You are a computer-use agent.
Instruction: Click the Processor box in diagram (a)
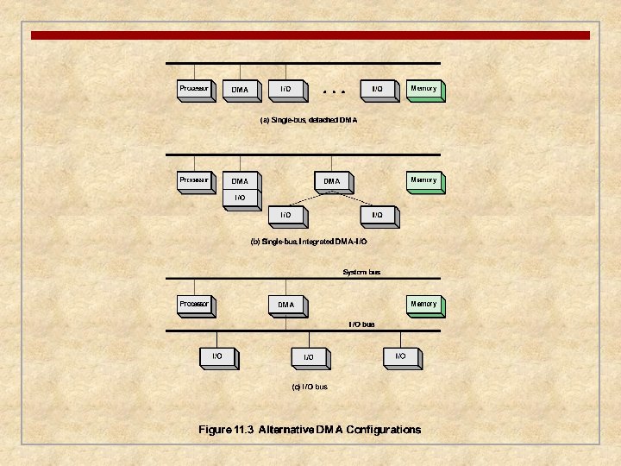tap(194, 89)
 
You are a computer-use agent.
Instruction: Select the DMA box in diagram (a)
tap(240, 90)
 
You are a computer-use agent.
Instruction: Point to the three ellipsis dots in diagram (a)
tap(333, 90)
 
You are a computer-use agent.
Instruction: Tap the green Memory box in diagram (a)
tap(423, 89)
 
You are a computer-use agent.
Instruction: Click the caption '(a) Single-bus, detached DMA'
tap(309, 121)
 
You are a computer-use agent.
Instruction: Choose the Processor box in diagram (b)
tap(194, 180)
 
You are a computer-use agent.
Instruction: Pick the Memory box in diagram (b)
tap(423, 180)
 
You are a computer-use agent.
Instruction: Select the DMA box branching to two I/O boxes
tap(332, 181)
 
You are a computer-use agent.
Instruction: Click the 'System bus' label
tap(361, 273)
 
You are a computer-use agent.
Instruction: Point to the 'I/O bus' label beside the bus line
tap(361, 324)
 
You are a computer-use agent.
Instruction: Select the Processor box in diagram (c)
tap(194, 304)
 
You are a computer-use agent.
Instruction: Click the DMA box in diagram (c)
tap(286, 305)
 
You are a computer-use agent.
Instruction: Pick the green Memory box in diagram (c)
tap(423, 304)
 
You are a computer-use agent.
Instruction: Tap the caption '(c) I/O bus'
tap(309, 387)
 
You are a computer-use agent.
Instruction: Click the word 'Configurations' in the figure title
tap(384, 430)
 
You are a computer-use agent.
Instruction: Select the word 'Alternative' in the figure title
tap(287, 430)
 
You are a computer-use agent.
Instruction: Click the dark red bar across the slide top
tap(310, 35)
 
